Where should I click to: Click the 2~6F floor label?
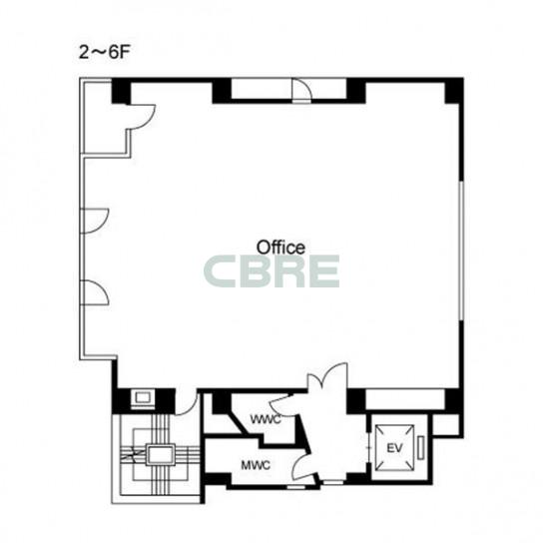104,53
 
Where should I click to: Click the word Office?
280,248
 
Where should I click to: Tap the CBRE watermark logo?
271,271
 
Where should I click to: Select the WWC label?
266,419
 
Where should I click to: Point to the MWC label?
256,465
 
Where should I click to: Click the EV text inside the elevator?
395,448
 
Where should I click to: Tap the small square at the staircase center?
160,455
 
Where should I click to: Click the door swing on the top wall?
301,91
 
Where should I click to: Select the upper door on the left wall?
95,221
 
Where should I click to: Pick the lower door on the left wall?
95,292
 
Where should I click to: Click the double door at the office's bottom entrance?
327,376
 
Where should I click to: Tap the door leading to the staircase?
187,402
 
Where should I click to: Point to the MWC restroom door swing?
302,466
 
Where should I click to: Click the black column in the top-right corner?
454,91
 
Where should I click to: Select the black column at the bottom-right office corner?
453,400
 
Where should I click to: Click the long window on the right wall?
461,250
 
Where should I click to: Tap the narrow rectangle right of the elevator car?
421,448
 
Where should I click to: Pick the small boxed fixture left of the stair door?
143,398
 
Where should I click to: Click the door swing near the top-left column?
143,117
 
